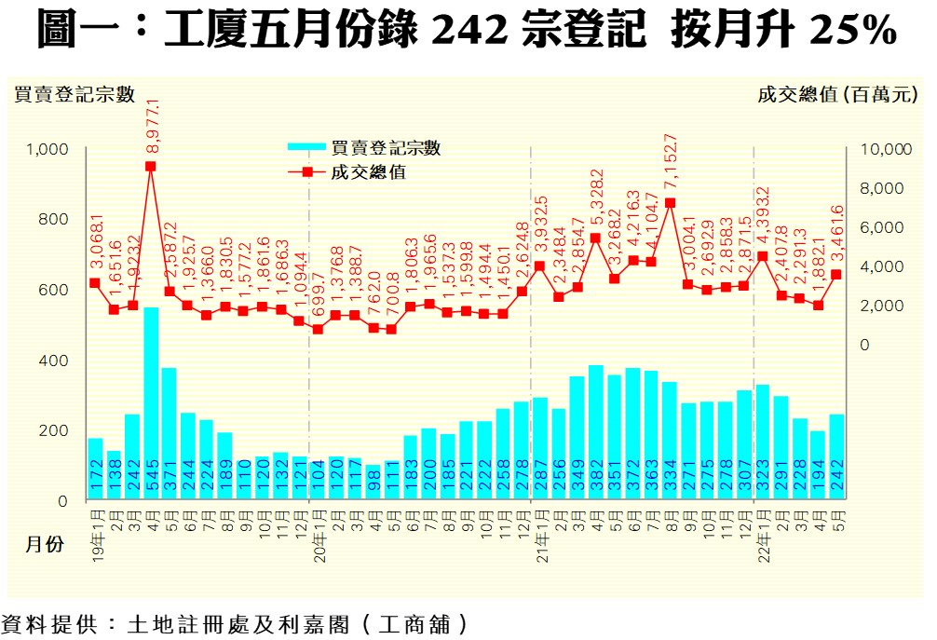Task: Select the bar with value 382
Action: point(596,432)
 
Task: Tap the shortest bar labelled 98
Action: point(373,483)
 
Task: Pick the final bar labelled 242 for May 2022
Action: point(836,457)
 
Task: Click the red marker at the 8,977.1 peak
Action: point(151,167)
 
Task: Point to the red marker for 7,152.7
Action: point(670,203)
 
